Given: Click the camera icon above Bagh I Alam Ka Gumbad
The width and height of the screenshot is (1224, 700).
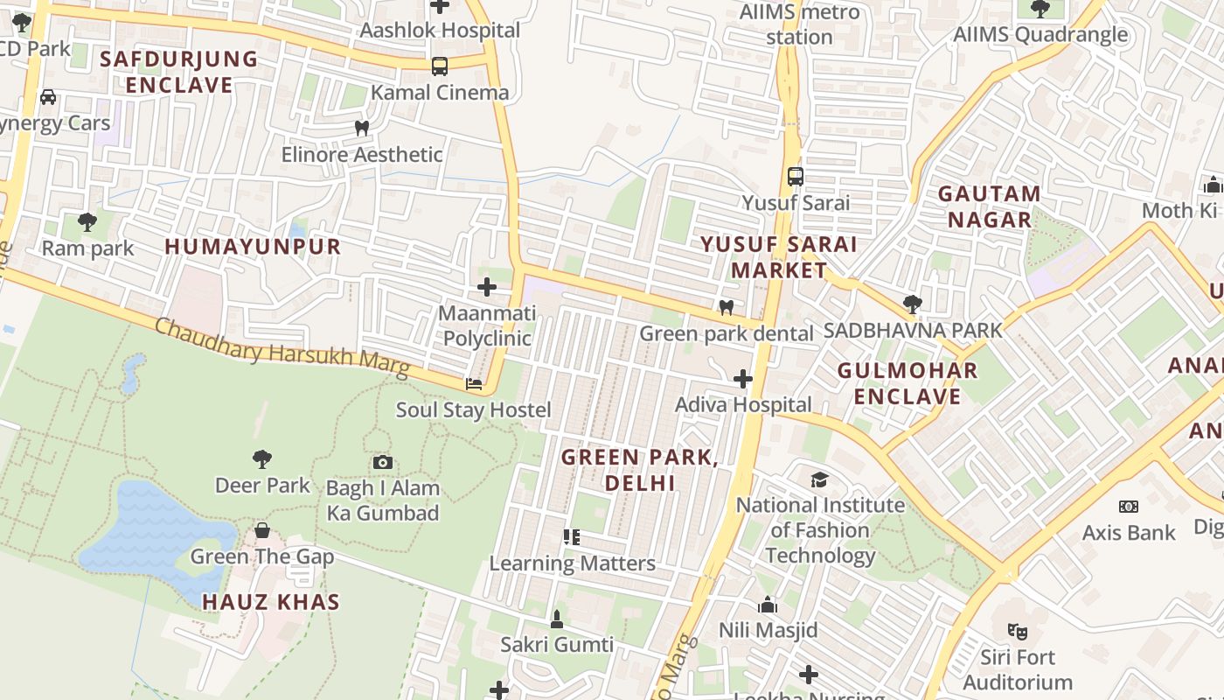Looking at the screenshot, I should [382, 462].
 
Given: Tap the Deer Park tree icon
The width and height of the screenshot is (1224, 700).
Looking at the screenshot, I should [261, 458].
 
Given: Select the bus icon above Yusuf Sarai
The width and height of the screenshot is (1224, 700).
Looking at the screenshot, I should [795, 177].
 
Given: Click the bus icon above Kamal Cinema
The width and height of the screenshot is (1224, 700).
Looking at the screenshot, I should [439, 66].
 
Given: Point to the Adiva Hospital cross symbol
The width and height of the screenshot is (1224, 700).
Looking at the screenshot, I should [742, 379].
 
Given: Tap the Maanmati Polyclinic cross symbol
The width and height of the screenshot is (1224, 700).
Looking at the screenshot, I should [486, 287].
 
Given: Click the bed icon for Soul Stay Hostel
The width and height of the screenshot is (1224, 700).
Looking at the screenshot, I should [473, 384].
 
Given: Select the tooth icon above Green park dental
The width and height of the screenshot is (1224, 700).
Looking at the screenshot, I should [725, 307].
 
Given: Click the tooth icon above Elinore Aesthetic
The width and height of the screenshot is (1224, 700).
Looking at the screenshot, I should [361, 128].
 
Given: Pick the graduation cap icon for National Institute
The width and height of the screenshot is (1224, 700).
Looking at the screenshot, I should [819, 479].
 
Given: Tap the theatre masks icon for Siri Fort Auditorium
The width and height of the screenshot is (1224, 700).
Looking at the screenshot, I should [1016, 630].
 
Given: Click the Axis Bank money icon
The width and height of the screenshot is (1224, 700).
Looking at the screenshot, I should [1128, 507].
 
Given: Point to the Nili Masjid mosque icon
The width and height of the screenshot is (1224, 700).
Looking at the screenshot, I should [768, 605].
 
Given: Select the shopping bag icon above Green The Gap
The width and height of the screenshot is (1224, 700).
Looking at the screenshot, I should [261, 530].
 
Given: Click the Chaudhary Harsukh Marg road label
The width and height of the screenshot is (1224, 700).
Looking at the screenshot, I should [282, 348].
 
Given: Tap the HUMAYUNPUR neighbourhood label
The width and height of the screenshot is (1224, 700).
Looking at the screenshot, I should [253, 247].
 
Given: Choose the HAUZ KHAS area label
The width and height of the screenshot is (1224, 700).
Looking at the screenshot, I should [271, 602].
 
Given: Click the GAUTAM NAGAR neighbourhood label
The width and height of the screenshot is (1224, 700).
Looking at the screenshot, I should [989, 206].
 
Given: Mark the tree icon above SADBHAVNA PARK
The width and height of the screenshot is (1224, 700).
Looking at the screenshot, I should [912, 304].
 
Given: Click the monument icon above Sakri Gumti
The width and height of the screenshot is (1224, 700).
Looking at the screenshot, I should [556, 619].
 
